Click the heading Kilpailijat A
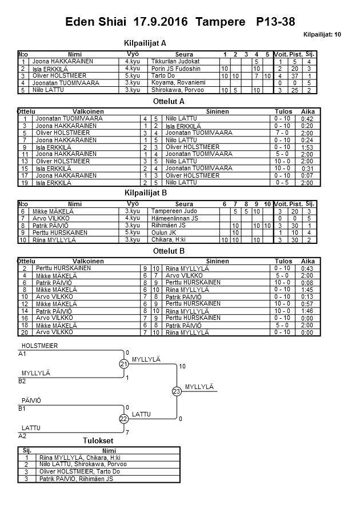(145, 43)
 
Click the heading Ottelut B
(169, 251)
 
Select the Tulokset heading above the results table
(98, 440)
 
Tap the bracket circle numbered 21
(123, 364)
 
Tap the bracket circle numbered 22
(123, 419)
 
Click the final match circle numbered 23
(176, 391)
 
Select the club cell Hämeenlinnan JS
(175, 218)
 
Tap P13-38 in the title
(275, 22)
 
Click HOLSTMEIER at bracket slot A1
(39, 346)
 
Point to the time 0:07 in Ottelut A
(307, 175)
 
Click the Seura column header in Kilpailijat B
(184, 204)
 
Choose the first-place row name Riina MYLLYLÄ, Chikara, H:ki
(79, 458)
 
